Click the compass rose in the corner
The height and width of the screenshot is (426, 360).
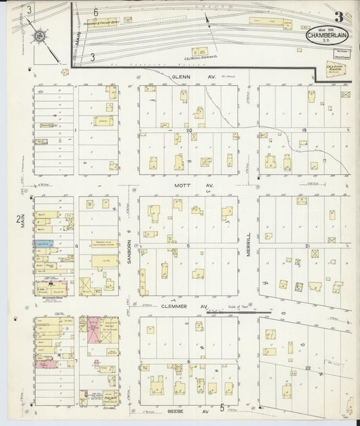pos(39,34)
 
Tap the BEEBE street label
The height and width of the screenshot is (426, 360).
pos(177,410)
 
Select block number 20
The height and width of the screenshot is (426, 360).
pos(190,130)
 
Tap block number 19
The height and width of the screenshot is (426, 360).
pos(304,130)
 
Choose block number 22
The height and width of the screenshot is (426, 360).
pos(307,367)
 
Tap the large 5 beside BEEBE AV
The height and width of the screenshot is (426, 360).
pos(222,408)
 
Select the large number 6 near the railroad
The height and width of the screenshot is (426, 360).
pos(96,12)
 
